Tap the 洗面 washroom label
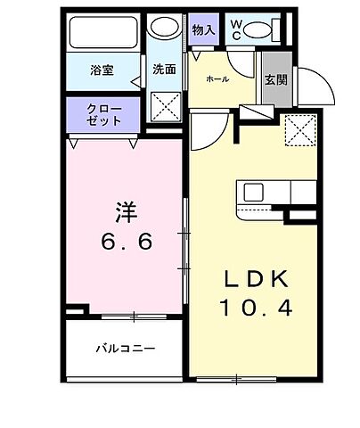click(x=163, y=68)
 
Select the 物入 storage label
click(x=203, y=29)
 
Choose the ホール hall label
click(x=217, y=79)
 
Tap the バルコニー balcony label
click(x=125, y=348)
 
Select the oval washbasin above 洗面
click(x=163, y=28)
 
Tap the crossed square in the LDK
click(x=300, y=131)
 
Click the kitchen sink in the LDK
click(x=252, y=193)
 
